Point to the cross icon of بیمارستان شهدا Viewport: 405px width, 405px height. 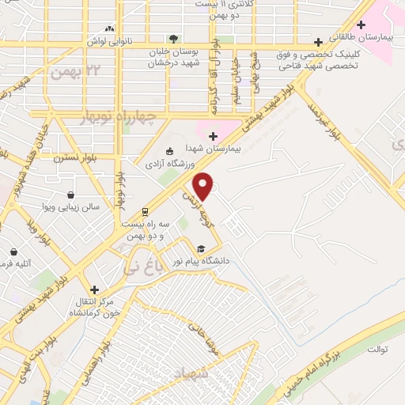tap(212, 136)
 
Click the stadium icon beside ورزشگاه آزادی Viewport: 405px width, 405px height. tap(168, 152)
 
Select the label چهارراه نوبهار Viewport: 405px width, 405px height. tap(120, 117)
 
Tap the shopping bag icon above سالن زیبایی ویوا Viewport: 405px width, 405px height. tap(71, 195)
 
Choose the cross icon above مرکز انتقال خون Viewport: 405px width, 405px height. tap(93, 290)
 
